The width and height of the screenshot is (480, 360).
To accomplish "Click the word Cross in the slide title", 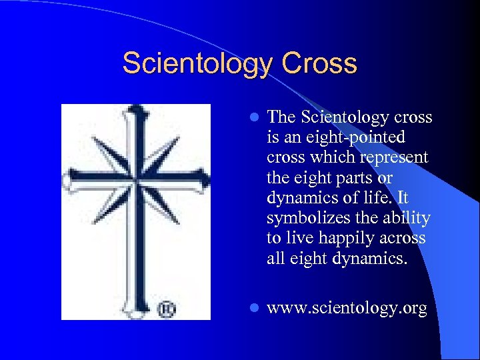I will coord(320,64).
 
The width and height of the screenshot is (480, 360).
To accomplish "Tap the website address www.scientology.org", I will coord(347,309).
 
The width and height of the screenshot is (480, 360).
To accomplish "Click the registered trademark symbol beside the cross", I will coord(165,309).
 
